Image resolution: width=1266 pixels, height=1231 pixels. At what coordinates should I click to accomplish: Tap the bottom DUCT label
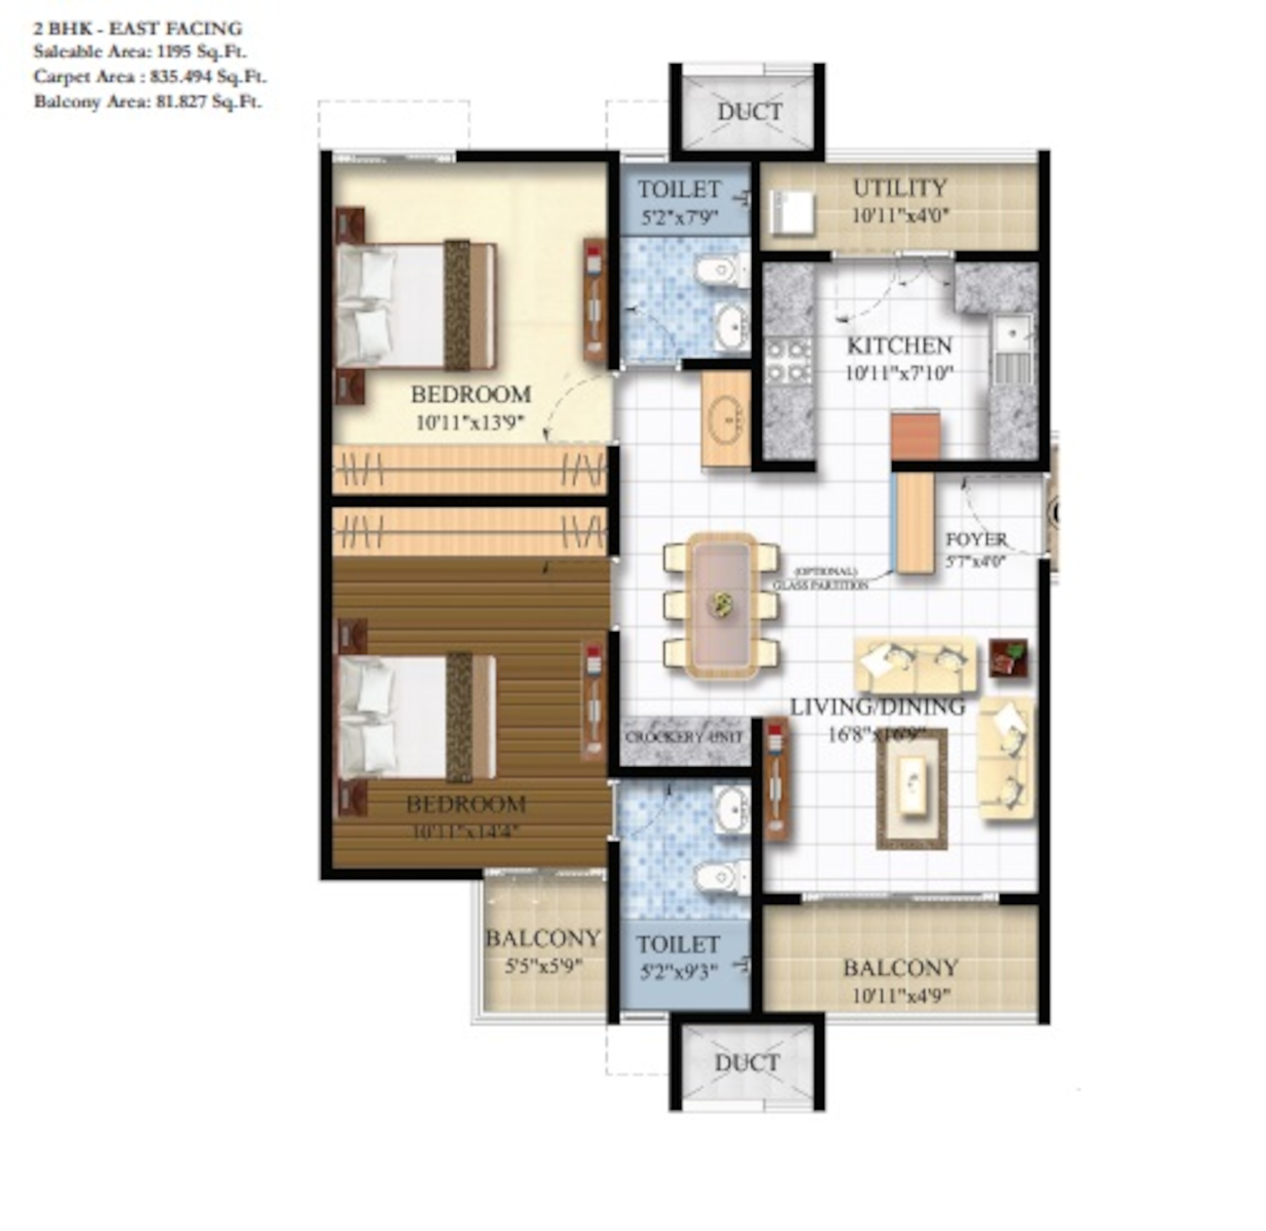pos(747,1062)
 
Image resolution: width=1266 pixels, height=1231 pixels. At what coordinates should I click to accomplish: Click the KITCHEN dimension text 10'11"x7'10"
pos(899,374)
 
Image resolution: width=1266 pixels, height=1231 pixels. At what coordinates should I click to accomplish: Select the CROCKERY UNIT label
pos(684,737)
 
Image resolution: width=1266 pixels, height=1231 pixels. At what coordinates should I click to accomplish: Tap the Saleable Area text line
pos(140,52)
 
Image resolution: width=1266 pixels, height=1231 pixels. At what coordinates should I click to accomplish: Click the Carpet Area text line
pos(150,77)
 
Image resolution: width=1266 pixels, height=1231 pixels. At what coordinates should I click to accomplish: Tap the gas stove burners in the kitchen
pos(787,361)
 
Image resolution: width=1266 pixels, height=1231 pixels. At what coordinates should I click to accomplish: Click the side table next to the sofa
pos(1008,659)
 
